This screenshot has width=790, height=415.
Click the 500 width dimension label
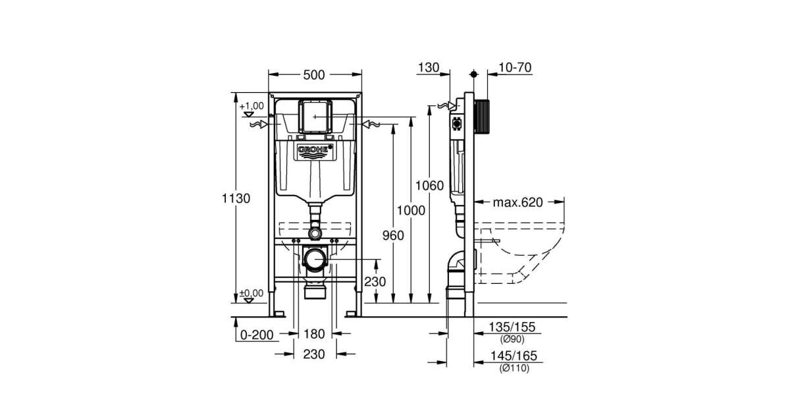[x=315, y=74]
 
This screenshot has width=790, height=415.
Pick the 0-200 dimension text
[x=256, y=335]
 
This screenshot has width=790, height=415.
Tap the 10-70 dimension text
[x=515, y=67]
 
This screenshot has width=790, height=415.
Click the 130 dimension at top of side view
[x=428, y=67]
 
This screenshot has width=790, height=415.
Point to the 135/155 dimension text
[x=514, y=327]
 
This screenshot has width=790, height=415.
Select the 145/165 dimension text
[x=514, y=356]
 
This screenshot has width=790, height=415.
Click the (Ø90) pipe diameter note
[x=514, y=340]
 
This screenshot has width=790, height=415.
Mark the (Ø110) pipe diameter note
[x=514, y=368]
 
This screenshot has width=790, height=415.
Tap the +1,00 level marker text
[x=251, y=105]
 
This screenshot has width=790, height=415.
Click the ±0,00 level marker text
[x=251, y=293]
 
